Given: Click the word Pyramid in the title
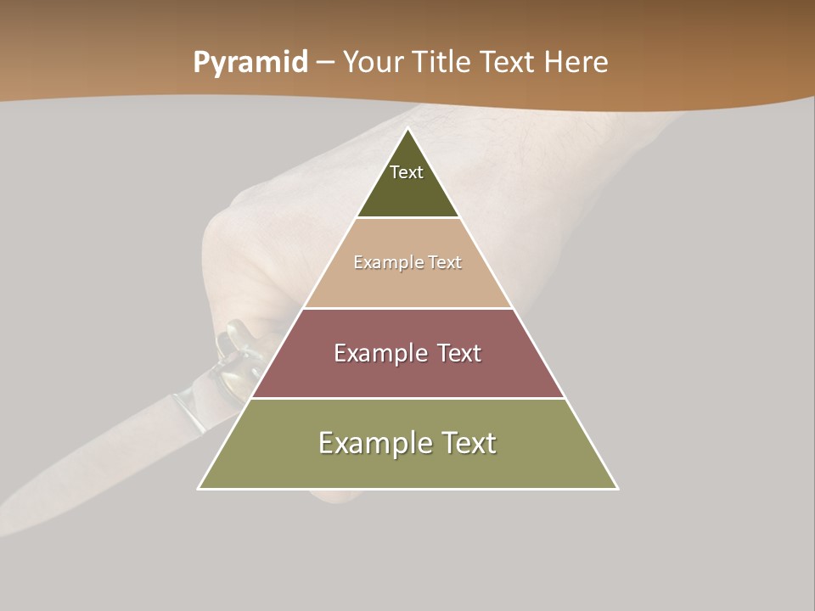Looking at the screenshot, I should coord(250,63).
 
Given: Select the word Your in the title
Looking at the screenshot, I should coord(373,63).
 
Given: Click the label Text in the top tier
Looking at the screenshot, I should coord(407,172).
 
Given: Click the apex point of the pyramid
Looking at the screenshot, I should coord(408,129).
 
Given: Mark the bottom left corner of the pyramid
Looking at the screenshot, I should coord(199,489).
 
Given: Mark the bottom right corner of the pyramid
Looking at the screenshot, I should coord(617,489).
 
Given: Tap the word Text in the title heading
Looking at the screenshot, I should coord(507,63).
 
